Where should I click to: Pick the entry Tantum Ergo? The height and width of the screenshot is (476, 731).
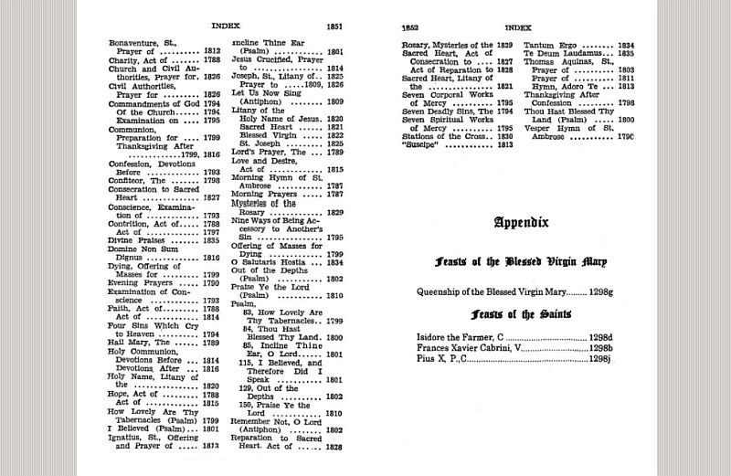(x=551, y=44)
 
